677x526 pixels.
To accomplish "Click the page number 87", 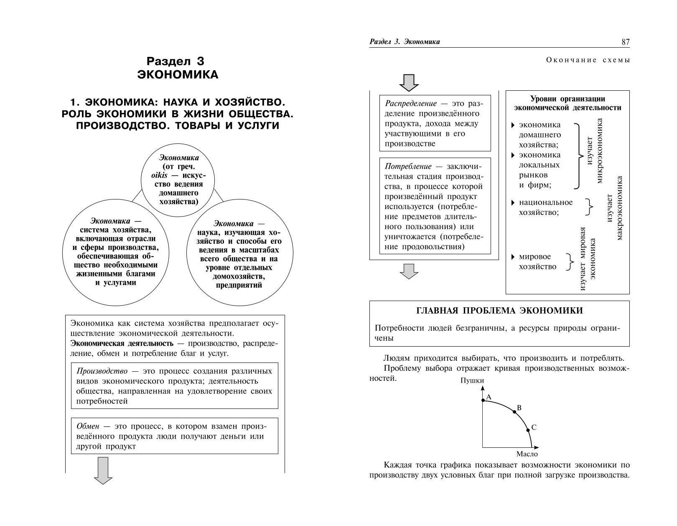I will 625,42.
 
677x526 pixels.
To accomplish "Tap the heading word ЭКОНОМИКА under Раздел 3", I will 178,74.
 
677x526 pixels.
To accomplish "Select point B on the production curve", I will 514,412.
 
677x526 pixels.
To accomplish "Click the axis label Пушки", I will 472,380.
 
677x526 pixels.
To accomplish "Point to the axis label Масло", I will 527,454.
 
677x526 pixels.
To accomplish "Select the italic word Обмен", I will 88,426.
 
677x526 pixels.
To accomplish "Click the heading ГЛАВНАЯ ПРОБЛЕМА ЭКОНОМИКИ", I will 499,311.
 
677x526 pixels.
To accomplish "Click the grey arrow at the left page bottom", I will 103,470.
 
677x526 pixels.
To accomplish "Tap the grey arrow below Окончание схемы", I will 409,83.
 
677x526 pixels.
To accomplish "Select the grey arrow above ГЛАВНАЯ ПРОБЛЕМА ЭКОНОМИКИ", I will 409,271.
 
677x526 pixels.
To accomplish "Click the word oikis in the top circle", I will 159,175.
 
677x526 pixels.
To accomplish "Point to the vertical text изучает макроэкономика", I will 614,208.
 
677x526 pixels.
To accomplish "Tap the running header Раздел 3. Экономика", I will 405,42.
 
